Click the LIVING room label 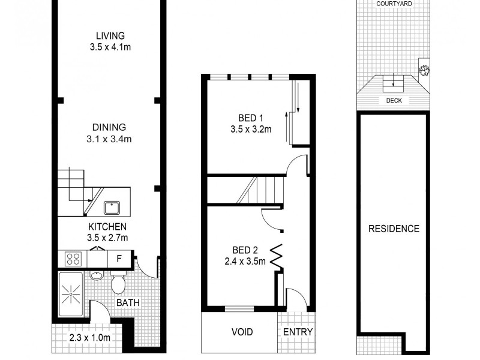pos(109,34)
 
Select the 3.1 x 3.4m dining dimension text pos(109,139)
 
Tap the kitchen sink pos(112,208)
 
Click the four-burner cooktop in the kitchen pos(73,259)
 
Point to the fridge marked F pos(119,259)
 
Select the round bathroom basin pos(97,277)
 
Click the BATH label pos(128,303)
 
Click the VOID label pos(242,332)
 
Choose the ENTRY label pos(298,332)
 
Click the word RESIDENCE pos(394,229)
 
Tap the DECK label pos(394,101)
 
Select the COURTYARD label pos(394,4)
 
